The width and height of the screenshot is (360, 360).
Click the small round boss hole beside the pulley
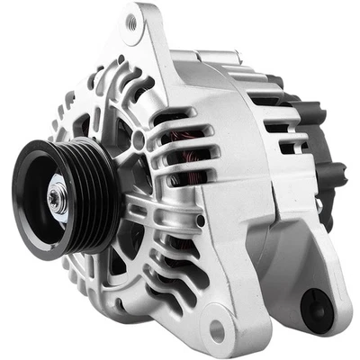(x=138, y=141)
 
